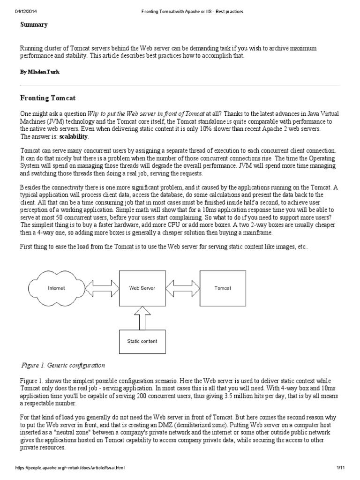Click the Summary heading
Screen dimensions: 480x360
coord(34,24)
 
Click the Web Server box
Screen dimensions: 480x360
coord(142,288)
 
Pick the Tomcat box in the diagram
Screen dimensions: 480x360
coord(222,288)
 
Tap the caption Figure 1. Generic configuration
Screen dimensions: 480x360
coord(63,365)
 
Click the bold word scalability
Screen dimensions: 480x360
coord(74,136)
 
